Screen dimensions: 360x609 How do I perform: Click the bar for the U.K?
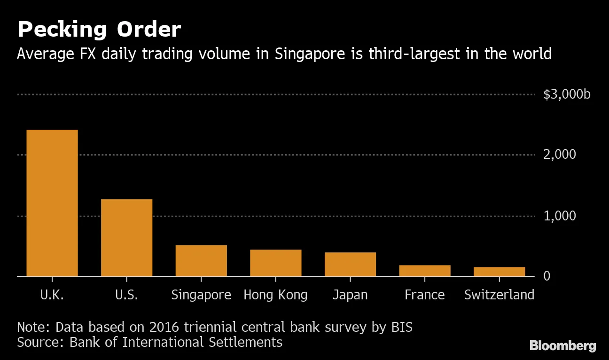[x=52, y=203]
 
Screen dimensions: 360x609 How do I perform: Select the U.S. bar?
[x=126, y=237]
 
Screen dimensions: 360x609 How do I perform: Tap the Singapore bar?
[x=201, y=260]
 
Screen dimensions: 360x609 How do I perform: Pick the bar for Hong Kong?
[x=275, y=263]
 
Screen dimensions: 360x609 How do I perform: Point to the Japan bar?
[x=350, y=264]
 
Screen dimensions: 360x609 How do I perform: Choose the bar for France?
[x=424, y=271]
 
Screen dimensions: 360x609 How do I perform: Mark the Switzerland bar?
[x=499, y=272]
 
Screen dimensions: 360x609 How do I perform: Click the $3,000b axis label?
[x=567, y=94]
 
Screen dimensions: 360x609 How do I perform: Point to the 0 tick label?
[x=547, y=276]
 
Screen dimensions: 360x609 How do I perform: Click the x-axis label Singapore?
[x=201, y=295]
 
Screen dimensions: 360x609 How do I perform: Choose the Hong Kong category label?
[x=275, y=295]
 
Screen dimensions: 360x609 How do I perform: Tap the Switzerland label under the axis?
[x=499, y=295]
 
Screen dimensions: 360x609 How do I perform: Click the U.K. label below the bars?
[x=52, y=295]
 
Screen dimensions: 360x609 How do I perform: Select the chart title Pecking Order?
[x=99, y=30]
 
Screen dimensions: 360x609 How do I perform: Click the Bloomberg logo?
[x=563, y=346]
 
